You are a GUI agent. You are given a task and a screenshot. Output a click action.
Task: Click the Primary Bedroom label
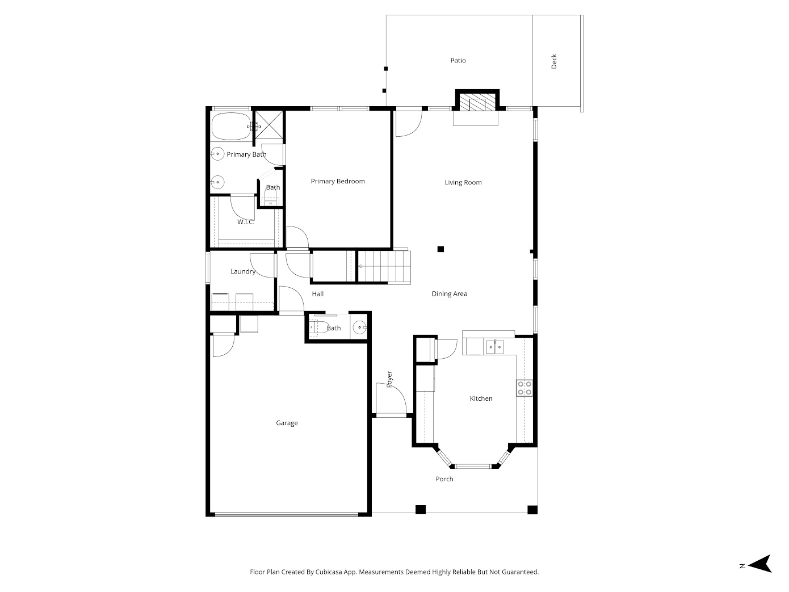tap(338, 182)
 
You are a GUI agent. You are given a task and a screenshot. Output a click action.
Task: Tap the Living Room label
tap(463, 183)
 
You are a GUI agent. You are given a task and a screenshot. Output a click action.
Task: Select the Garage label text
tap(287, 423)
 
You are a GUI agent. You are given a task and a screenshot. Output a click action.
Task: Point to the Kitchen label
tap(481, 399)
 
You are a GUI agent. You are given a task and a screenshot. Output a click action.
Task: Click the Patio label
tap(458, 61)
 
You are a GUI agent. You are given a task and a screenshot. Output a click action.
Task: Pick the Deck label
tap(554, 61)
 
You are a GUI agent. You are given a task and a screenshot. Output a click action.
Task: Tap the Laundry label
tap(242, 272)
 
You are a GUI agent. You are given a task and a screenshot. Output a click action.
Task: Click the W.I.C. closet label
tap(246, 222)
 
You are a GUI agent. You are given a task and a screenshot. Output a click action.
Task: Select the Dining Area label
tap(449, 294)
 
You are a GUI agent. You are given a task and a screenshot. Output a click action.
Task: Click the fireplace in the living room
tap(476, 103)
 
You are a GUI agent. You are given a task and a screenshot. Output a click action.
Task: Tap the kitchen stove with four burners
tap(524, 388)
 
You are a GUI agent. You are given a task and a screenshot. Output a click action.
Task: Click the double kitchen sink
tap(495, 346)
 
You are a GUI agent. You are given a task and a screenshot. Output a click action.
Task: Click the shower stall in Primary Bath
tap(268, 124)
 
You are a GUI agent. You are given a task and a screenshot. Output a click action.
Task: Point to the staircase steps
tap(384, 266)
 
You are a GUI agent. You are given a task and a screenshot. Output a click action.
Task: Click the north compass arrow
tap(760, 564)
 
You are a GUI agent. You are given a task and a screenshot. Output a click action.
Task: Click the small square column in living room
tap(440, 249)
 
